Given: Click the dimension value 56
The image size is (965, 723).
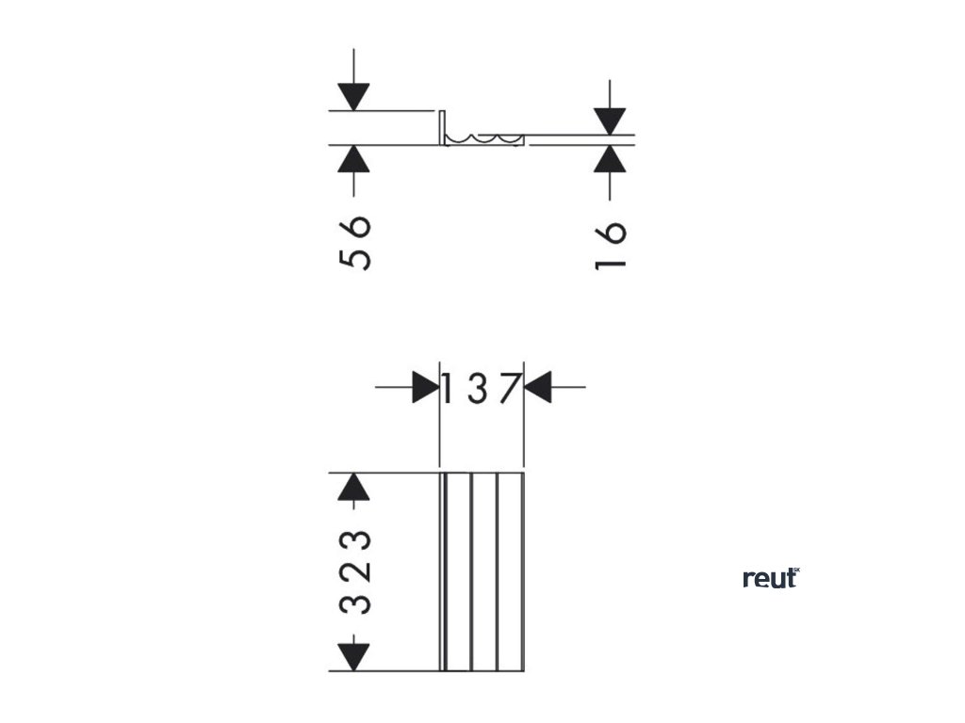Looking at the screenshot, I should [x=354, y=243].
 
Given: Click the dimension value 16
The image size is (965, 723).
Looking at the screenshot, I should [x=611, y=245].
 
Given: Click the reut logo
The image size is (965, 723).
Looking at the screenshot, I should [x=770, y=578].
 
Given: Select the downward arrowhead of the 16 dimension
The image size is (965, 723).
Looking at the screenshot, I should [x=611, y=120].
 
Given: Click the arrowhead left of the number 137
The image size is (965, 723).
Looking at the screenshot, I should [x=425, y=387].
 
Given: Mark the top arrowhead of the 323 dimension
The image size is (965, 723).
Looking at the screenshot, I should [x=353, y=487].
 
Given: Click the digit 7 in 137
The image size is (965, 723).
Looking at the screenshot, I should [x=510, y=387].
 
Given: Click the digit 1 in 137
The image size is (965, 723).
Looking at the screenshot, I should [x=450, y=387].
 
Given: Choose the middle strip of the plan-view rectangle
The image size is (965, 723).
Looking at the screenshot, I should [x=483, y=571].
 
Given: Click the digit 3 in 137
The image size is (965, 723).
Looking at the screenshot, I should [x=478, y=387].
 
